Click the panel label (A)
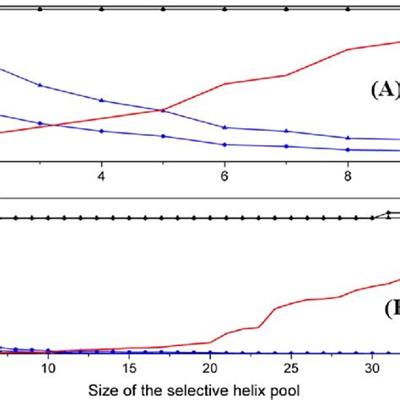click(x=383, y=89)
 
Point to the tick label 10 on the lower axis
click(x=49, y=368)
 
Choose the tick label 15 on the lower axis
click(x=130, y=368)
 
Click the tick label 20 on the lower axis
click(x=210, y=368)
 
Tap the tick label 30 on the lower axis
click(x=371, y=368)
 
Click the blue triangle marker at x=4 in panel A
click(x=101, y=100)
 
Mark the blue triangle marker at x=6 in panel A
click(x=224, y=127)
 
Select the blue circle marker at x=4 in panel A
click(x=101, y=131)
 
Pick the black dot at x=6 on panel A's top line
click(x=224, y=9)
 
